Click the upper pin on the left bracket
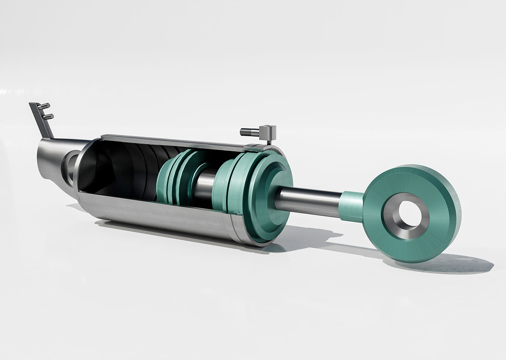45,106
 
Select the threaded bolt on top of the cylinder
249,131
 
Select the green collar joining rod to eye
351,205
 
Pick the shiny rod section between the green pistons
205,186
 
